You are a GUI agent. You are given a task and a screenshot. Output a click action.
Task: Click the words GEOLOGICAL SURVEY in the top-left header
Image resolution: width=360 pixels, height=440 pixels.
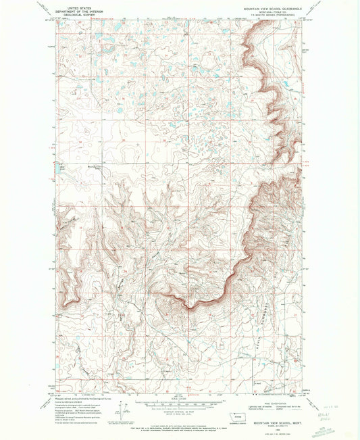76,15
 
